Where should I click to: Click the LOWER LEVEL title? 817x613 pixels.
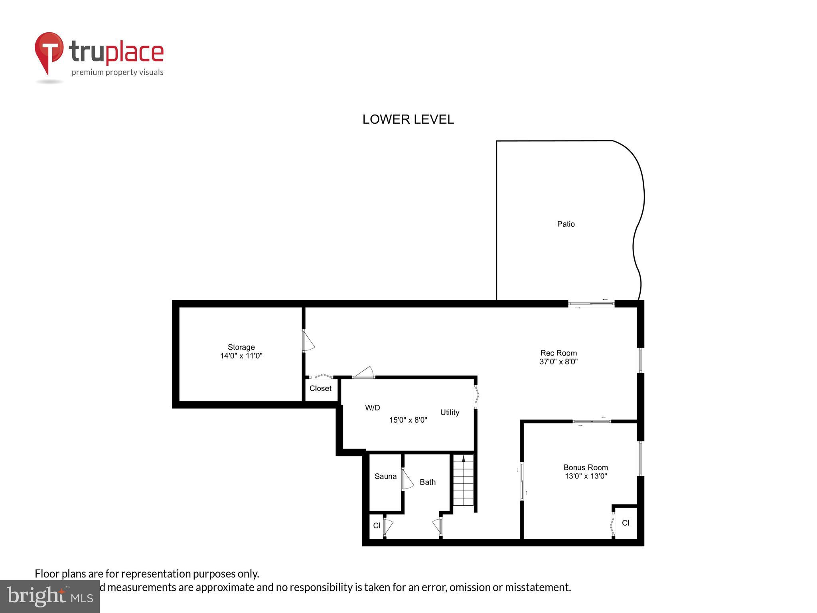(408, 119)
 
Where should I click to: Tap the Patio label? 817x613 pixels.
(566, 224)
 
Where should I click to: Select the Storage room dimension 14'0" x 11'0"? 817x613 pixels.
(241, 356)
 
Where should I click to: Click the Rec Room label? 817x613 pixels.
(558, 353)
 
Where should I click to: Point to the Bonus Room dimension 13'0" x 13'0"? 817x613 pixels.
(586, 476)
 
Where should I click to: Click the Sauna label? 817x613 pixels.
(385, 476)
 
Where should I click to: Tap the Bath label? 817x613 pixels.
(427, 482)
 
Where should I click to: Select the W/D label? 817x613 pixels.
(372, 407)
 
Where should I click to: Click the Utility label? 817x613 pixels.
(450, 412)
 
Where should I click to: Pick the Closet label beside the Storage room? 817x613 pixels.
(320, 388)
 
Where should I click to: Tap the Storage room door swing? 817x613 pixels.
(308, 341)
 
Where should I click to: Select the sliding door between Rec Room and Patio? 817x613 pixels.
(591, 304)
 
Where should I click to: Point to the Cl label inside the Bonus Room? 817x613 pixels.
(625, 523)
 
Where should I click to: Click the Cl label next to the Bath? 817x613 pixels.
(377, 526)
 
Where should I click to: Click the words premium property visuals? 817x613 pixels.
(117, 73)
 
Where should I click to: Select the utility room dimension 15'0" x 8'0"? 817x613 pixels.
(408, 420)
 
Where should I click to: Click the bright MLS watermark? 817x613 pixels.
(50, 596)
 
